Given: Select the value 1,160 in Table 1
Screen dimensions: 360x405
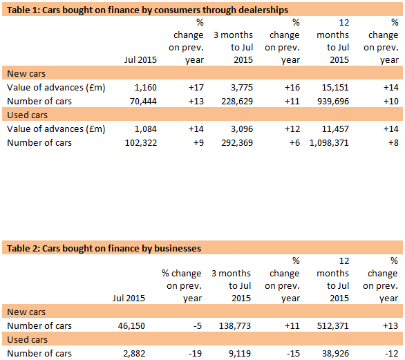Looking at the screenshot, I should [x=144, y=88].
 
